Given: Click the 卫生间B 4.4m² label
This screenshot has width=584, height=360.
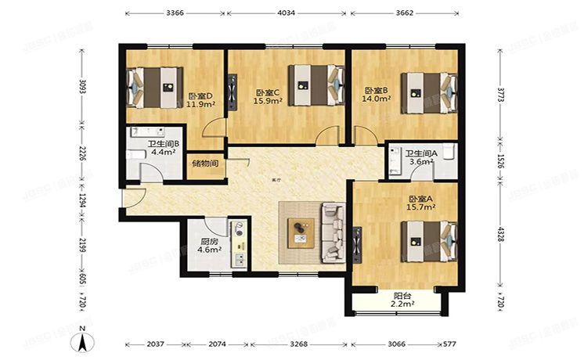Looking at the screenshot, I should tap(164, 149).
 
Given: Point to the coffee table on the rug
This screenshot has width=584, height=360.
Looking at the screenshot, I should tap(299, 229).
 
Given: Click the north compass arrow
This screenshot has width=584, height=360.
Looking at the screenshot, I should tap(81, 341).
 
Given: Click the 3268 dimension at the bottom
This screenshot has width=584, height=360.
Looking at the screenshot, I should tap(298, 344).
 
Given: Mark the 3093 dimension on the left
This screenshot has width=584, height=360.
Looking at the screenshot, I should tap(81, 85).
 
